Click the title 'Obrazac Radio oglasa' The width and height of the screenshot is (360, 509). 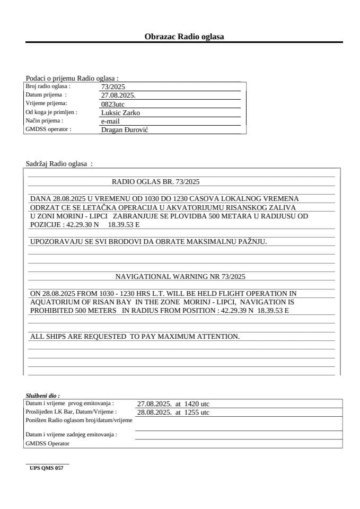click(184, 37)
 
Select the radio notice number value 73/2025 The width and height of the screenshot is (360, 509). click(113, 87)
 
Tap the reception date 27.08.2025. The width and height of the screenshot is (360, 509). click(118, 95)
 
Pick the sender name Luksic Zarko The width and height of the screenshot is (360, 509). click(120, 112)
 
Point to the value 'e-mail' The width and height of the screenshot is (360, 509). click(110, 121)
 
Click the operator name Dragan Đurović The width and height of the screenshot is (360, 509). click(125, 129)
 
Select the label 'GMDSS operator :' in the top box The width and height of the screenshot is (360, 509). click(48, 129)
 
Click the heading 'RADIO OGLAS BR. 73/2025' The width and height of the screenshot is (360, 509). click(155, 181)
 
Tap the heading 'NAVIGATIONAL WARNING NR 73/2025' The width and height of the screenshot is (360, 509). click(180, 276)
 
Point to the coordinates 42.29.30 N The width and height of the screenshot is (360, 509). click(82, 225)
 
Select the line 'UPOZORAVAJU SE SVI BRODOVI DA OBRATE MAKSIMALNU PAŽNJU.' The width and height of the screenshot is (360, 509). click(148, 242)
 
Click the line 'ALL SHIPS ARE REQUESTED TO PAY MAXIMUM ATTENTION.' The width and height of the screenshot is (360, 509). click(135, 336)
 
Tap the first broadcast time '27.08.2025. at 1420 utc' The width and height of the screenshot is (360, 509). click(173, 403)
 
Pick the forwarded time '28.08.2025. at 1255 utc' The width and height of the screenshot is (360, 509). click(173, 412)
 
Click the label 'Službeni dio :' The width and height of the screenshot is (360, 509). click(43, 396)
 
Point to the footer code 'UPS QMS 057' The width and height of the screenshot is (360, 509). click(47, 468)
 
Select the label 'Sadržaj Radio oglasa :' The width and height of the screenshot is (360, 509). click(59, 164)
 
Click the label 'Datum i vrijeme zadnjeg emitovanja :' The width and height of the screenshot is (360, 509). click(72, 435)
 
